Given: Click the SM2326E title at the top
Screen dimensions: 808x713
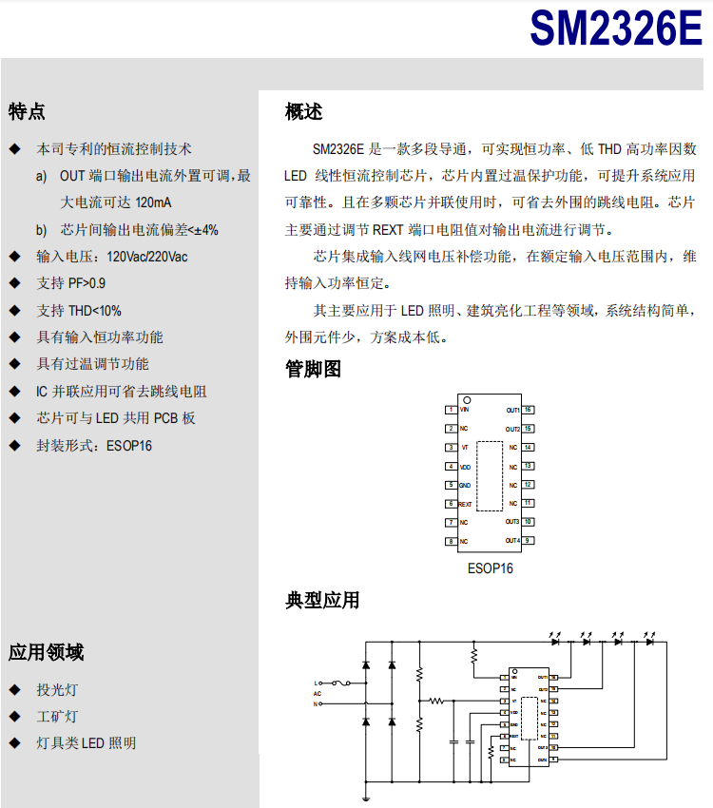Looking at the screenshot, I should point(615,28).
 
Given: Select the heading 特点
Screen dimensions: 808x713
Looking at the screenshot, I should point(27,111).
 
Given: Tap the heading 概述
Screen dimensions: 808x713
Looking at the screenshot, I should point(304,111).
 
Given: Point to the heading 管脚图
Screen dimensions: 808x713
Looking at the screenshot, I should point(313,370).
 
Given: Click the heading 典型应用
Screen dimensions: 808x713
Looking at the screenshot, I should point(322,600).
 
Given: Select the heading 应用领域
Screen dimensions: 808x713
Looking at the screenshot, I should point(46,652).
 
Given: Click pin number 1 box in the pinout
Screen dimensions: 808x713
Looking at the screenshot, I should point(451,410).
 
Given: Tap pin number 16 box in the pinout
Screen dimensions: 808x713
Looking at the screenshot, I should point(528,410).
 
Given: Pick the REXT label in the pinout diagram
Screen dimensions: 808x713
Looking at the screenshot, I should point(466,504).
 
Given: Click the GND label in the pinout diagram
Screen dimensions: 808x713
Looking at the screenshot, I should point(465,485).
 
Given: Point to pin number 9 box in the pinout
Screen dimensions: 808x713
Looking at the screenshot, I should point(528,541).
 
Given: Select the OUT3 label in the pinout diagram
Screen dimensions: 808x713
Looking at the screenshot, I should point(512,522).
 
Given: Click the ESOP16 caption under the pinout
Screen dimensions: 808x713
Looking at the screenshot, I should point(490,568).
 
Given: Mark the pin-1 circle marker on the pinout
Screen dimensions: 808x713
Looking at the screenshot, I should point(467,400).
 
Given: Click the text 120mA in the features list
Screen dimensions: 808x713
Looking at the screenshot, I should point(153,202).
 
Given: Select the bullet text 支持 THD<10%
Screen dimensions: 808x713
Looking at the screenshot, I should point(79,310).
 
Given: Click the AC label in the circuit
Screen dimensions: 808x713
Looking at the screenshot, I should point(318,694).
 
